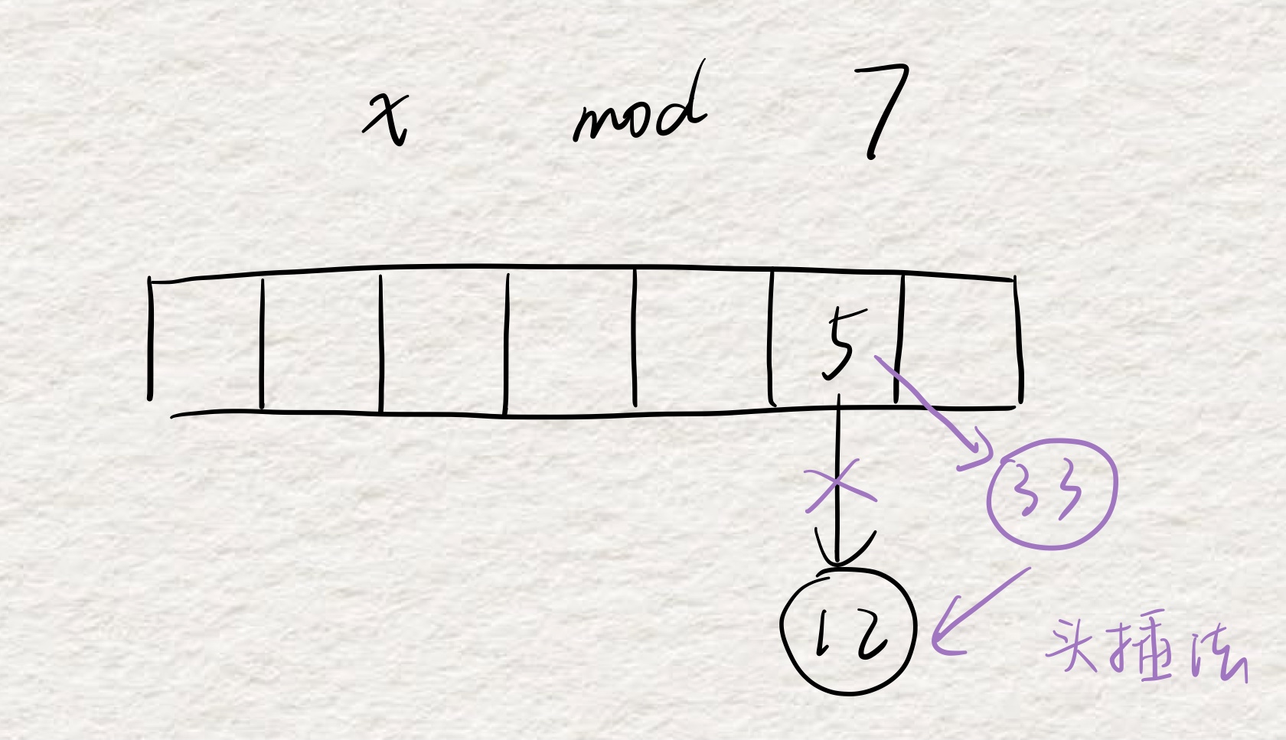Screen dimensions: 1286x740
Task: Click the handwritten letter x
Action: pyautogui.click(x=387, y=118)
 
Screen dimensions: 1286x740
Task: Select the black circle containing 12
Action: pyautogui.click(x=848, y=631)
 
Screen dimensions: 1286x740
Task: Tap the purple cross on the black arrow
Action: pyautogui.click(x=839, y=487)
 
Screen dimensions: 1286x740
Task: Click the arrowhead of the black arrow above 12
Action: pyautogui.click(x=840, y=555)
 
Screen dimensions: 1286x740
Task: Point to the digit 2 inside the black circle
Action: pyautogui.click(x=873, y=635)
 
